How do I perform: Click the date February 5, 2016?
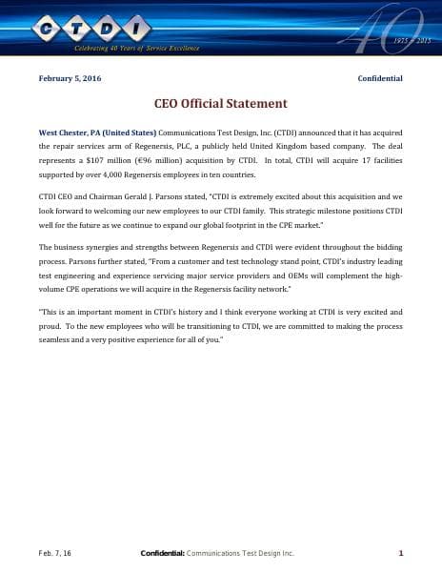(x=70, y=78)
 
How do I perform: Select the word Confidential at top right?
(x=380, y=78)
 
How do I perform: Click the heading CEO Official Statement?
(x=220, y=103)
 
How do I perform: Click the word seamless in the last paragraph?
(x=55, y=339)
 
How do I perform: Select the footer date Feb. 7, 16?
(x=54, y=553)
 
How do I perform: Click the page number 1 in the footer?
(x=401, y=553)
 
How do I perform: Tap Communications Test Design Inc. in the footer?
(x=240, y=553)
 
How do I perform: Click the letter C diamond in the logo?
(x=48, y=28)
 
